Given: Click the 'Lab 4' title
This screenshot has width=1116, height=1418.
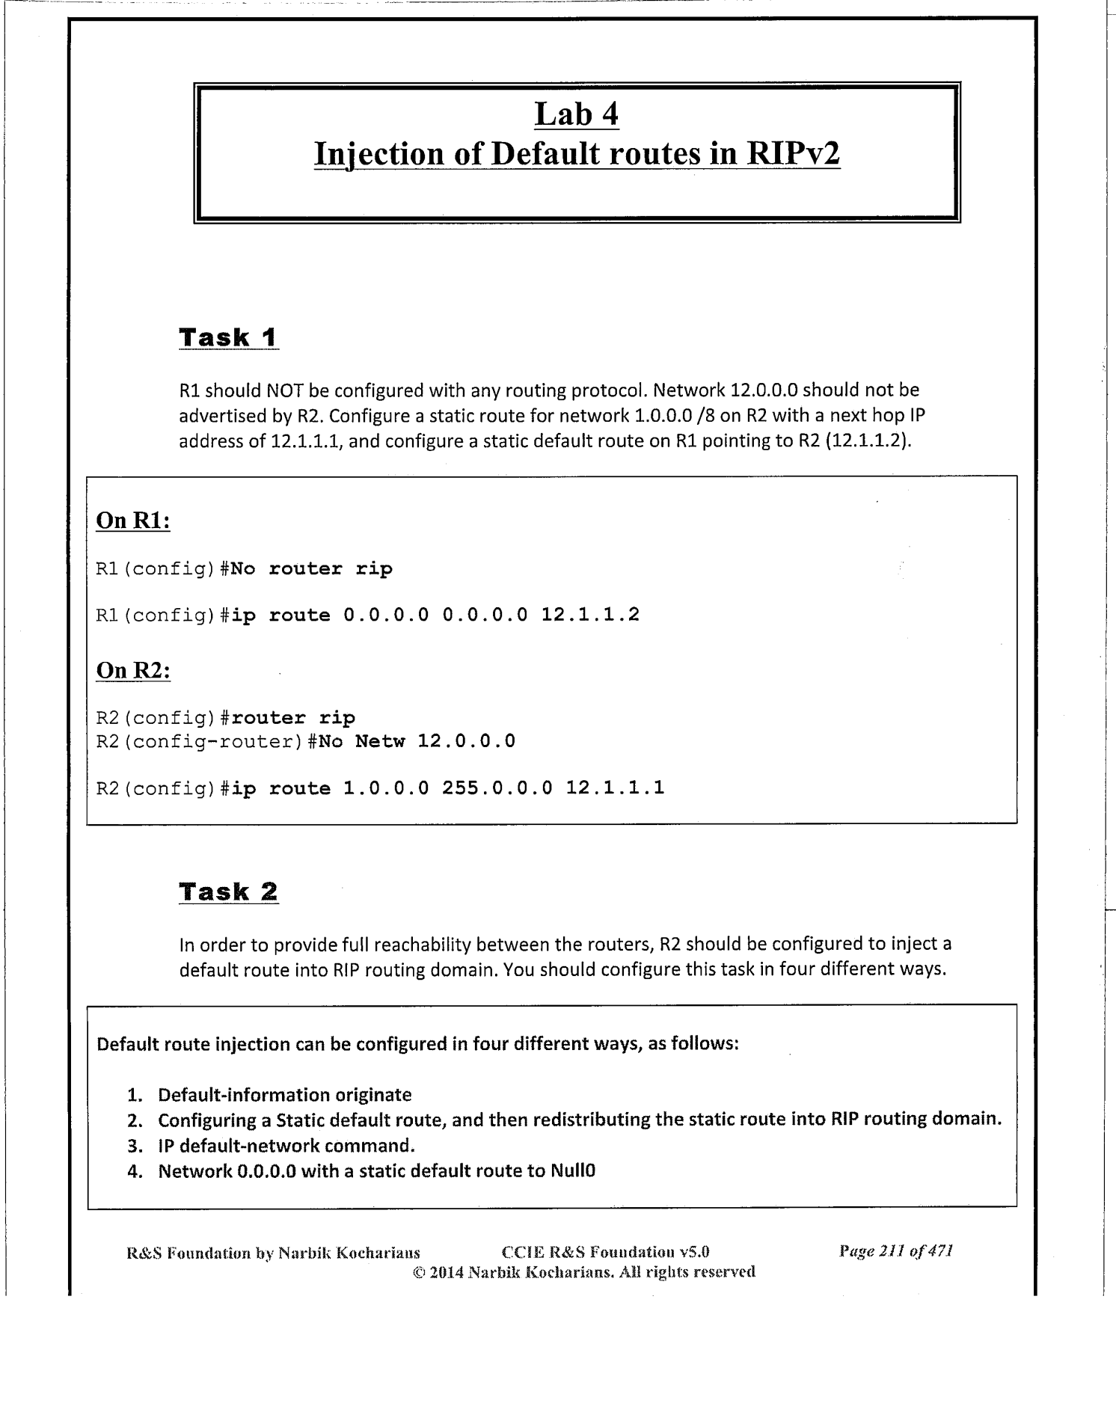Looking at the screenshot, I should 576,114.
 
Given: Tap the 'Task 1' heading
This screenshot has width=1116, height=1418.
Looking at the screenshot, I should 228,337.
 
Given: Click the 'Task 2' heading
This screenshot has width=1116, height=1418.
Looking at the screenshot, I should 228,891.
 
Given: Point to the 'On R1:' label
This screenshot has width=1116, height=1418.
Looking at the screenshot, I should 133,521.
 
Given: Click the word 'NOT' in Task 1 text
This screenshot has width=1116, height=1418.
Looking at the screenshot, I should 284,390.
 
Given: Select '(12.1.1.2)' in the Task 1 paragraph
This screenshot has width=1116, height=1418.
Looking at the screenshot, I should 871,441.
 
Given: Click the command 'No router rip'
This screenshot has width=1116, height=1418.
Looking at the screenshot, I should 311,569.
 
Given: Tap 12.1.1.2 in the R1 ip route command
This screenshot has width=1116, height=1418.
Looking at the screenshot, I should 590,616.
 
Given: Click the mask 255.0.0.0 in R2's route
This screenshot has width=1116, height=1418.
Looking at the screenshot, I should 497,788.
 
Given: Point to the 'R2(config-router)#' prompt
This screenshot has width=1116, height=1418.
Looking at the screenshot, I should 201,741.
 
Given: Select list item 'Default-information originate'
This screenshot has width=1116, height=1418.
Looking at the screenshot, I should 284,1095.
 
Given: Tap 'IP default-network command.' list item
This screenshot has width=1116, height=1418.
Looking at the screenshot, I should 286,1145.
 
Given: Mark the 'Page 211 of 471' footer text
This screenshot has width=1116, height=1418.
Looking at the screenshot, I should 896,1250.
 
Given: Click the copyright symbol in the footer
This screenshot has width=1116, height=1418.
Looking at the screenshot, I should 419,1271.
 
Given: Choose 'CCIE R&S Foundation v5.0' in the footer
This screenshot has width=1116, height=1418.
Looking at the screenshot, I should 604,1251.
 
